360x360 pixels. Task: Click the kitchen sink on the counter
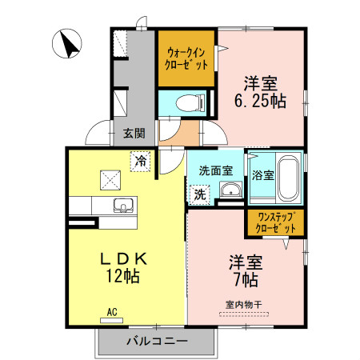coord(125,206)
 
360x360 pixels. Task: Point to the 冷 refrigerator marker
coord(141,162)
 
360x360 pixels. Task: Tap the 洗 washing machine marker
coord(198,193)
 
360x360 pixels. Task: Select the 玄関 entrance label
coord(134,133)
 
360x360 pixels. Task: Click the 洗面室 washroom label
coord(215,170)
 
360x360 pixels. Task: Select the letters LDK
coord(124,258)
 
